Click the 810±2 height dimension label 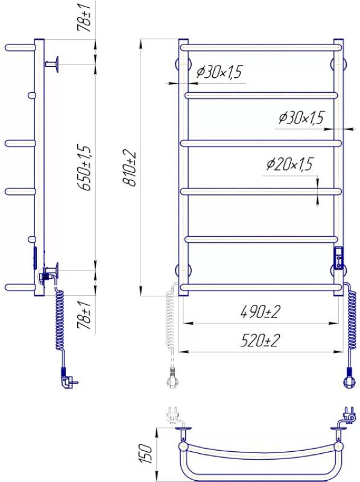pyautogui.click(x=130, y=168)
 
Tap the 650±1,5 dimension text pyautogui.click(x=85, y=168)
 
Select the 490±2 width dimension pyautogui.click(x=261, y=311)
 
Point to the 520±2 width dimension pyautogui.click(x=261, y=340)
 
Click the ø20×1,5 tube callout pyautogui.click(x=289, y=164)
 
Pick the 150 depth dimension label pyautogui.click(x=146, y=454)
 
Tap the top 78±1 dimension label pyautogui.click(x=84, y=17)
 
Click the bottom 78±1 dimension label pyautogui.click(x=84, y=315)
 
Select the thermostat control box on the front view pyautogui.click(x=338, y=258)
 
